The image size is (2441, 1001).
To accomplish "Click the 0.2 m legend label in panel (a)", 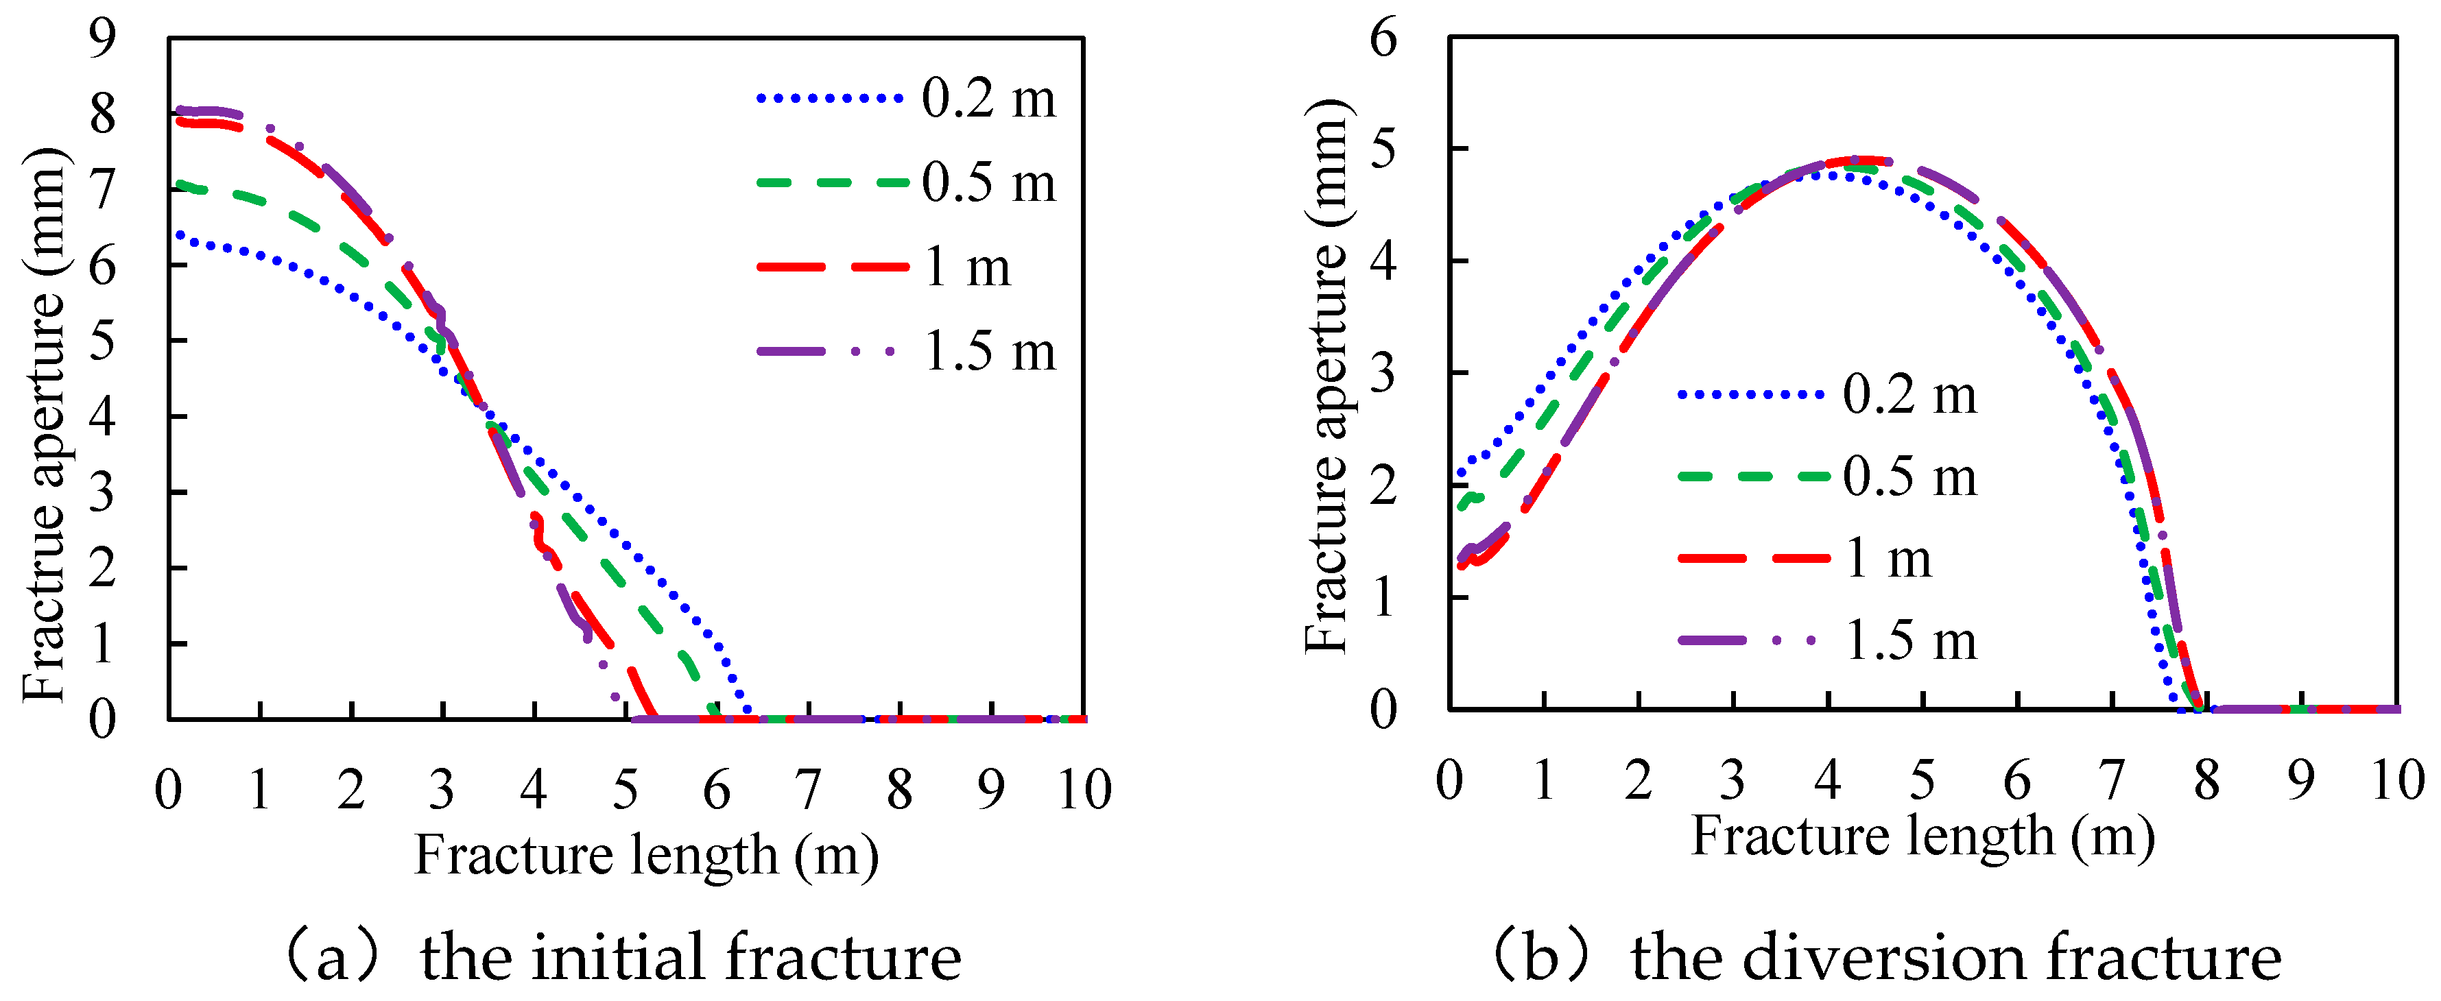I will [x=988, y=99].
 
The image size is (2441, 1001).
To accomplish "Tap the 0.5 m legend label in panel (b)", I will [x=1909, y=477].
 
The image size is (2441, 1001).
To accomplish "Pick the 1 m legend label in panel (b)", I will [x=1889, y=559].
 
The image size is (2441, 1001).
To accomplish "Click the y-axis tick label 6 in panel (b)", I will [x=1383, y=39].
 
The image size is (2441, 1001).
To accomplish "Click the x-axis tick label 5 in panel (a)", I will [x=626, y=790].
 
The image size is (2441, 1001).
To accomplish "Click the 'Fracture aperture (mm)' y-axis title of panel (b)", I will [x=1326, y=375].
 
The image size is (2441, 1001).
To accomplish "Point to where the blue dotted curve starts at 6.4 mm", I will [x=178, y=236].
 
